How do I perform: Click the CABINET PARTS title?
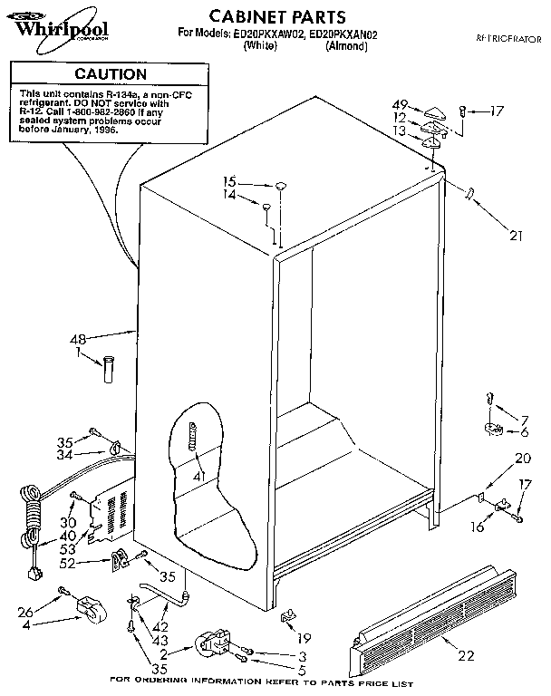tap(265, 16)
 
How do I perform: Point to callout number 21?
tap(516, 237)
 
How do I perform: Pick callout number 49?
tap(399, 104)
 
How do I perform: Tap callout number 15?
tap(230, 181)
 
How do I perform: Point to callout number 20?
tap(522, 458)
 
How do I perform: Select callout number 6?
tap(523, 433)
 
